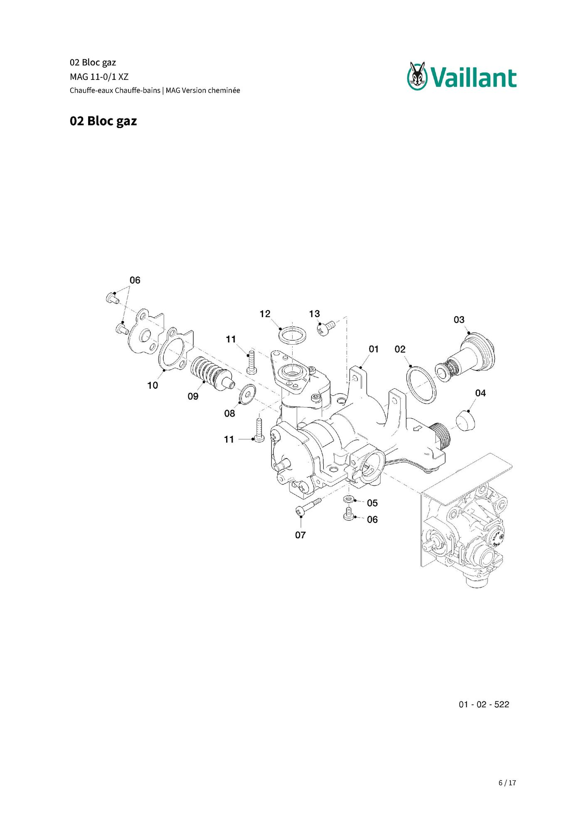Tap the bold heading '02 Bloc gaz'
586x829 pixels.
[103, 121]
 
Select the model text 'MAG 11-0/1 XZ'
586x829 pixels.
[99, 77]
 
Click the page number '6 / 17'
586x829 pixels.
[507, 783]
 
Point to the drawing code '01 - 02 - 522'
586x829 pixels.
[484, 704]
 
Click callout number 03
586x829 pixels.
[459, 320]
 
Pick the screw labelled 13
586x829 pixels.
[326, 328]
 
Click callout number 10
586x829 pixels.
[153, 385]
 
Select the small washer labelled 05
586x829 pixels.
[348, 498]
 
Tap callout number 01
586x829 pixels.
[374, 349]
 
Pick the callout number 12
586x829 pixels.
[265, 314]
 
